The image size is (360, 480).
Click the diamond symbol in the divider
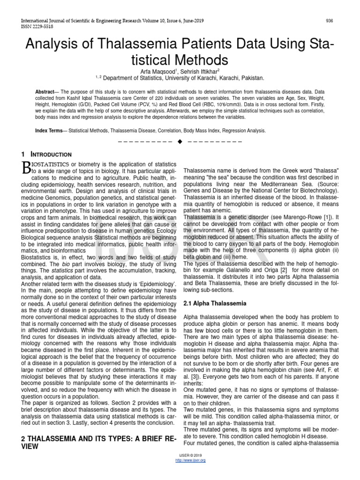(x=180, y=142)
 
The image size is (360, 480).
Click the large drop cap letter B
(x=26, y=167)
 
